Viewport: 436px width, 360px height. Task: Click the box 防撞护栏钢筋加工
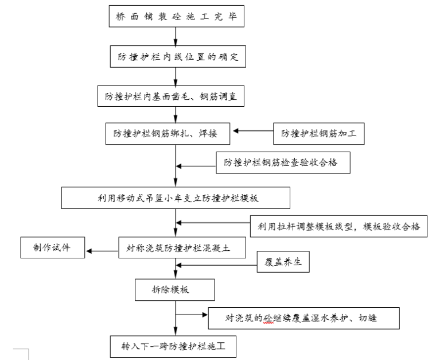[319, 134]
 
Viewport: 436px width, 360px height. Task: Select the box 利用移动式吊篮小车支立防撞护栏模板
[176, 198]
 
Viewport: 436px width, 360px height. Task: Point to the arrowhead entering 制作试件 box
[89, 249]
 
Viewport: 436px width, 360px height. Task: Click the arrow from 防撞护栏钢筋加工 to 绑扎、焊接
[252, 131]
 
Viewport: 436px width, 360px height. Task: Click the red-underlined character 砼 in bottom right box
[267, 317]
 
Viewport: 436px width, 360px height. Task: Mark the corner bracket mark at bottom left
[23, 352]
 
